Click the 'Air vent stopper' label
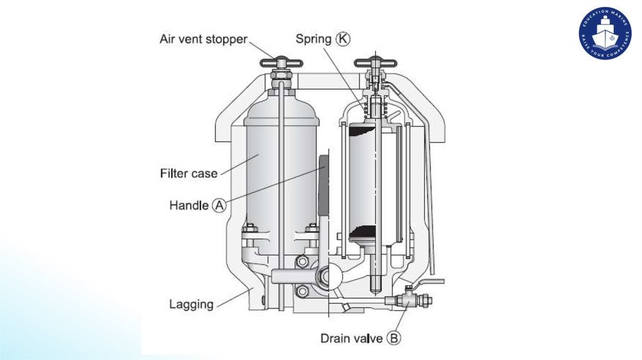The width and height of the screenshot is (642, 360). click(x=203, y=40)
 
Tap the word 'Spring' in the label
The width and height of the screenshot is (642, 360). click(x=313, y=39)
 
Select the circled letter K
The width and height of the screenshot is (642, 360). click(x=344, y=39)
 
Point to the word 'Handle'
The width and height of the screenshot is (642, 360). click(x=189, y=205)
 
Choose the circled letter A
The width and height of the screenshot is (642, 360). click(x=219, y=205)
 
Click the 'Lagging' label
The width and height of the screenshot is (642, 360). click(x=191, y=305)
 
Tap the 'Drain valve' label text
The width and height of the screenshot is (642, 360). click(x=351, y=339)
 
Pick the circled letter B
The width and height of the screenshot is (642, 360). click(x=394, y=339)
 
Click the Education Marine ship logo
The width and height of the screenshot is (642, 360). click(x=604, y=33)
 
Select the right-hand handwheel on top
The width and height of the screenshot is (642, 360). click(x=374, y=62)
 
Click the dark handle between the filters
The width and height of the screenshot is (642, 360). click(x=324, y=184)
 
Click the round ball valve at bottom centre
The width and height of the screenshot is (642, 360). click(x=330, y=275)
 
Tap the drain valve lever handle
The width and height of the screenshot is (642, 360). click(x=429, y=282)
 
